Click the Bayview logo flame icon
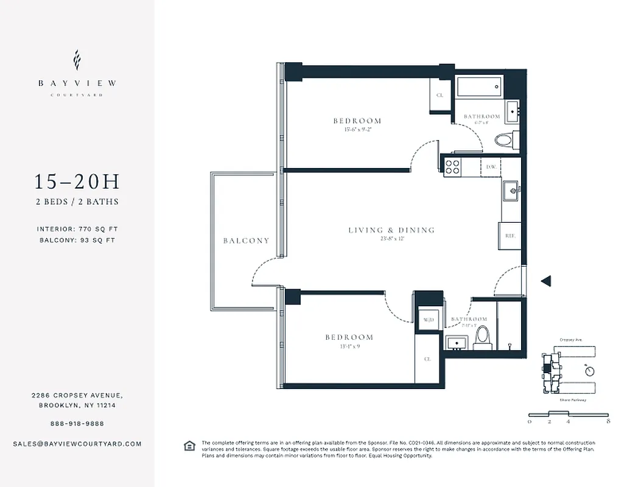(x=77, y=60)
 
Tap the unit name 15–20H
(x=77, y=182)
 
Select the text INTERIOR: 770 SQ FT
(x=77, y=229)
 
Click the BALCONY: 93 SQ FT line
(x=77, y=240)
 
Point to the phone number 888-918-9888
(x=77, y=424)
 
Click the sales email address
(x=77, y=444)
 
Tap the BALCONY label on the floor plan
(x=246, y=240)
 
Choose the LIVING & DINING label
(x=391, y=230)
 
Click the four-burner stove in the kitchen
(x=453, y=166)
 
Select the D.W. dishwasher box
(x=490, y=167)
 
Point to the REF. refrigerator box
(x=508, y=234)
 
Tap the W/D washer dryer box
(x=427, y=319)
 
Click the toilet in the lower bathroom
(x=481, y=335)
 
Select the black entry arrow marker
(x=546, y=281)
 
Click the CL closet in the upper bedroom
(x=439, y=96)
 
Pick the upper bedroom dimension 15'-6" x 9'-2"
(x=357, y=129)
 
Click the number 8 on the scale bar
(x=608, y=421)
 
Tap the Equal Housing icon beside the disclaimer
(x=189, y=446)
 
